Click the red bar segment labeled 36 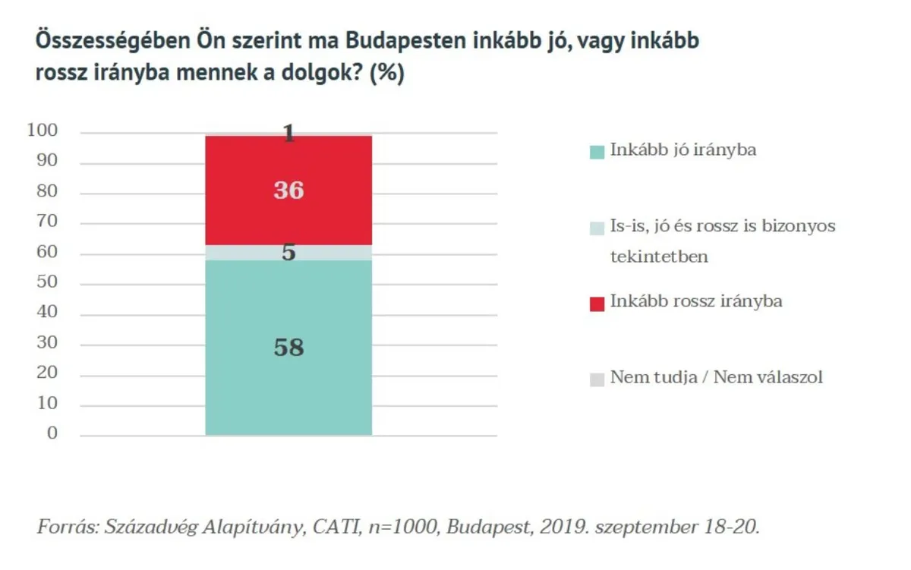coord(288,190)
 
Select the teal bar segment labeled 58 coord(288,348)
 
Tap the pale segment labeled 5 coord(288,253)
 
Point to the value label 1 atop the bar coord(288,134)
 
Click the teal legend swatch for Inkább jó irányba coord(597,151)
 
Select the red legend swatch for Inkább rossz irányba coord(597,303)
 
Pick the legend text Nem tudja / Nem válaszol coord(716,377)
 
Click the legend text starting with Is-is coord(722,226)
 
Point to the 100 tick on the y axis coord(43,131)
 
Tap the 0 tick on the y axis coord(52,433)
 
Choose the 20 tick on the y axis coord(47,373)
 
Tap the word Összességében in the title coord(114,41)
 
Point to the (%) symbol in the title coord(386,75)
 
